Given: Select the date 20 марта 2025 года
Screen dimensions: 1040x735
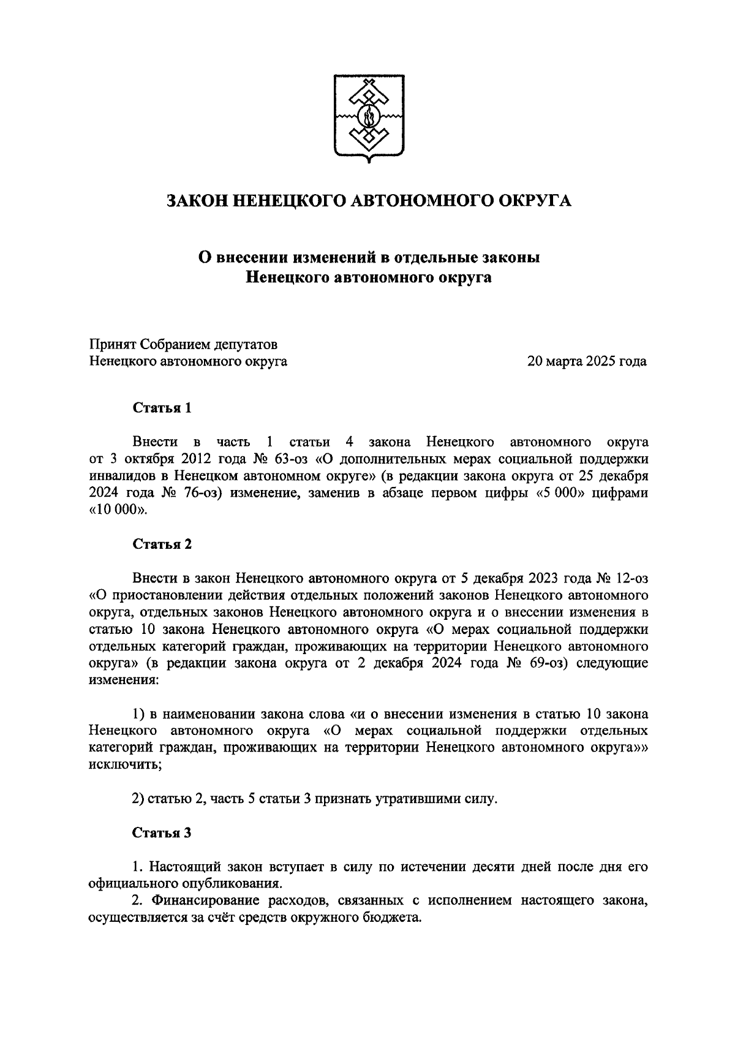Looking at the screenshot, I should pos(587,361).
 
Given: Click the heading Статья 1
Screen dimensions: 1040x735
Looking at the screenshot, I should pos(162,408).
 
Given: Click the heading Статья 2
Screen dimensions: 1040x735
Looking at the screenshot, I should pos(162,544).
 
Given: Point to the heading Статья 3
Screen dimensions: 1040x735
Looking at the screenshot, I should pos(162,833).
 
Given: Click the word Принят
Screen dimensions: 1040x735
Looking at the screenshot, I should pos(111,344).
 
